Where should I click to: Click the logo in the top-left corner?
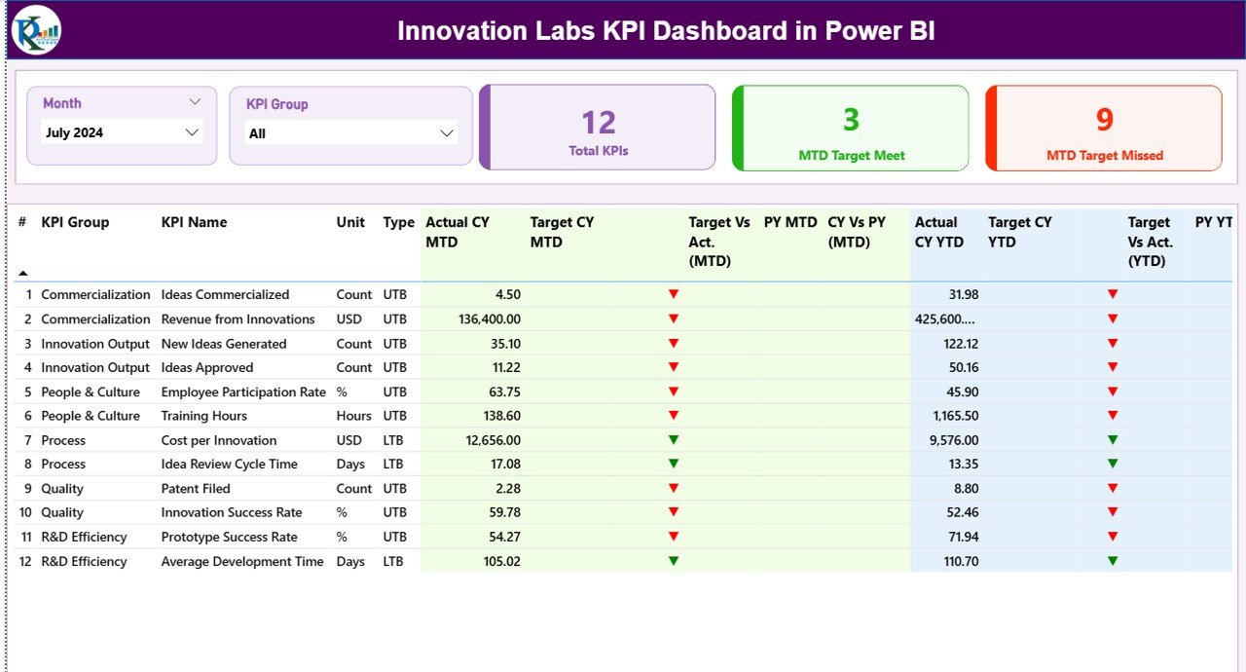click(x=36, y=30)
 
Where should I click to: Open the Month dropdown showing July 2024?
click(x=192, y=132)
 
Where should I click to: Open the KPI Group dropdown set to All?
click(x=447, y=133)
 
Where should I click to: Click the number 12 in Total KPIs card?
click(x=599, y=123)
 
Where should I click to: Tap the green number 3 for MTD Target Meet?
click(x=851, y=120)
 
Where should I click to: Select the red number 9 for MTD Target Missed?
click(x=1104, y=120)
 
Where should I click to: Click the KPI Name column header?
click(x=194, y=222)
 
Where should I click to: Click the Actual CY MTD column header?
click(x=458, y=232)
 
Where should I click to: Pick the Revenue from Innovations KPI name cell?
click(x=238, y=319)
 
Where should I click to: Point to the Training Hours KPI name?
click(x=203, y=416)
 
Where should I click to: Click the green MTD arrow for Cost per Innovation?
click(x=674, y=440)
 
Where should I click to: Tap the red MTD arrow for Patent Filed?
click(x=674, y=489)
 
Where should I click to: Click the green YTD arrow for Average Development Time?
click(x=1113, y=561)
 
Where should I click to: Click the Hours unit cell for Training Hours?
click(x=353, y=416)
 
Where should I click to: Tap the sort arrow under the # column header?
click(x=23, y=274)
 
